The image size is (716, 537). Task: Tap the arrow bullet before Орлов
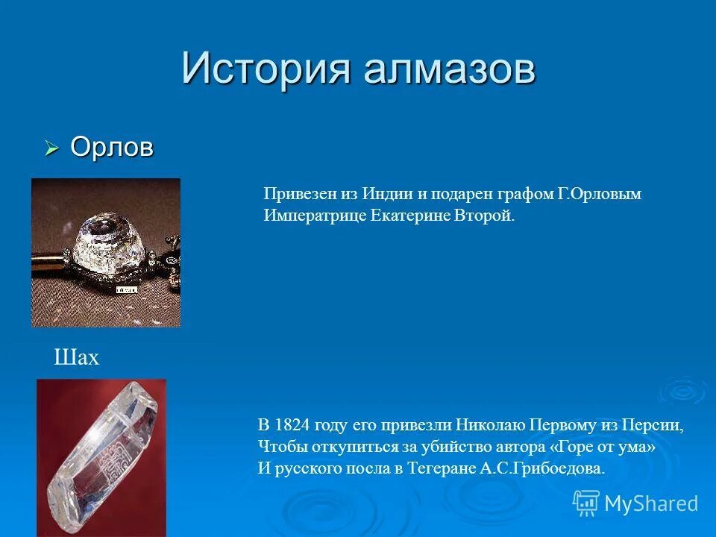pyautogui.click(x=51, y=149)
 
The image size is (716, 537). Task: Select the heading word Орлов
pyautogui.click(x=112, y=148)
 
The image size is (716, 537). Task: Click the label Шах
pyautogui.click(x=76, y=359)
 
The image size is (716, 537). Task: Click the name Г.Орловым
pyautogui.click(x=599, y=194)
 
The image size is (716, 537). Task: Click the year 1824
pyautogui.click(x=290, y=425)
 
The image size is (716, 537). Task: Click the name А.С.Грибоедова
pyautogui.click(x=544, y=468)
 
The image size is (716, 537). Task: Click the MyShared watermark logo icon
pyautogui.click(x=586, y=503)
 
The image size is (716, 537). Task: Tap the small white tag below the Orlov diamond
pyautogui.click(x=125, y=288)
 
